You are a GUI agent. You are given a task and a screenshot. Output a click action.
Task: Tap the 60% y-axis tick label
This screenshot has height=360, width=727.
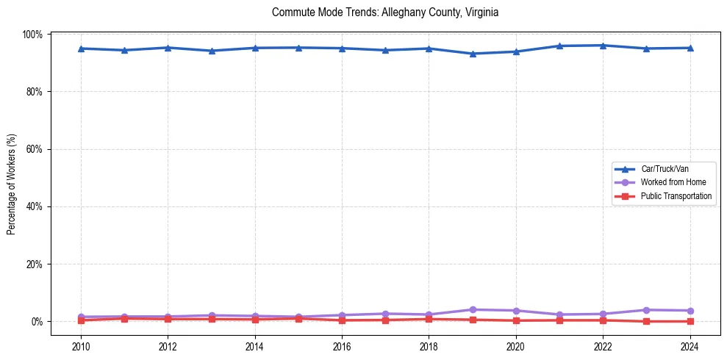[x=33, y=149]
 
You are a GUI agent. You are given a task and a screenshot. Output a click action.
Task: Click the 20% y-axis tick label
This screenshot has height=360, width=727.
[x=33, y=264]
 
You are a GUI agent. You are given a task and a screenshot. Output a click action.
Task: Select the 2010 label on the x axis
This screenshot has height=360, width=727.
[x=81, y=347]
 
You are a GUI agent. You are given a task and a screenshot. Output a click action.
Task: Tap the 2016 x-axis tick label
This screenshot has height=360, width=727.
[x=342, y=347]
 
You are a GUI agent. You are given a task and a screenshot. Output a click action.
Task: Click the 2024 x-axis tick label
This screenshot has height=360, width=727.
[x=690, y=347]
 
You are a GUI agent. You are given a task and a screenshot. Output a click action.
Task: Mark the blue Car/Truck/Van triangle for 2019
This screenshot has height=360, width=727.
[x=472, y=54]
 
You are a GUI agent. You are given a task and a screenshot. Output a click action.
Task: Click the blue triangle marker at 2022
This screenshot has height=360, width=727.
[x=603, y=46]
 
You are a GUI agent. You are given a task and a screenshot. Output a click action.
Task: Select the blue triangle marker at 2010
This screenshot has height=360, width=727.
[x=81, y=48]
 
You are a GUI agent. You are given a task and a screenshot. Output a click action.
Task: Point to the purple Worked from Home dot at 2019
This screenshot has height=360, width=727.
[x=472, y=309]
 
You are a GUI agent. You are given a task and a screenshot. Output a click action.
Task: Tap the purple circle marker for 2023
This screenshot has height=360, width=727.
[x=646, y=310]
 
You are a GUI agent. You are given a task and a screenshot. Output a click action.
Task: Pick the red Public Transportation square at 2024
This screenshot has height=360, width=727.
[x=690, y=321]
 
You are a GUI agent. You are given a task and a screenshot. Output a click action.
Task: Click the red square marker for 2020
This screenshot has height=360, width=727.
[x=515, y=320]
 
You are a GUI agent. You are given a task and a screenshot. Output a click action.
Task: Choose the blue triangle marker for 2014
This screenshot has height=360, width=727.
[x=255, y=48]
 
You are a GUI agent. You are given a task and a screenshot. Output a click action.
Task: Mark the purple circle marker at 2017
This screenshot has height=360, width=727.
[x=385, y=314]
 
